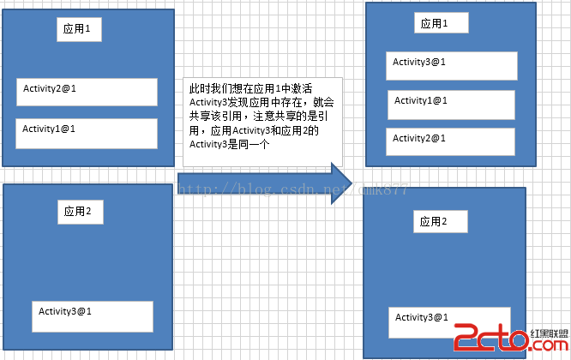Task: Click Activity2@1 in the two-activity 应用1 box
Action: click(87, 92)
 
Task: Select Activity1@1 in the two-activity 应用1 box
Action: click(87, 133)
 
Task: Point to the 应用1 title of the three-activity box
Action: click(441, 24)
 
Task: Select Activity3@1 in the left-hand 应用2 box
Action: click(93, 315)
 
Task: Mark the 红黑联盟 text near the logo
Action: click(549, 333)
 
